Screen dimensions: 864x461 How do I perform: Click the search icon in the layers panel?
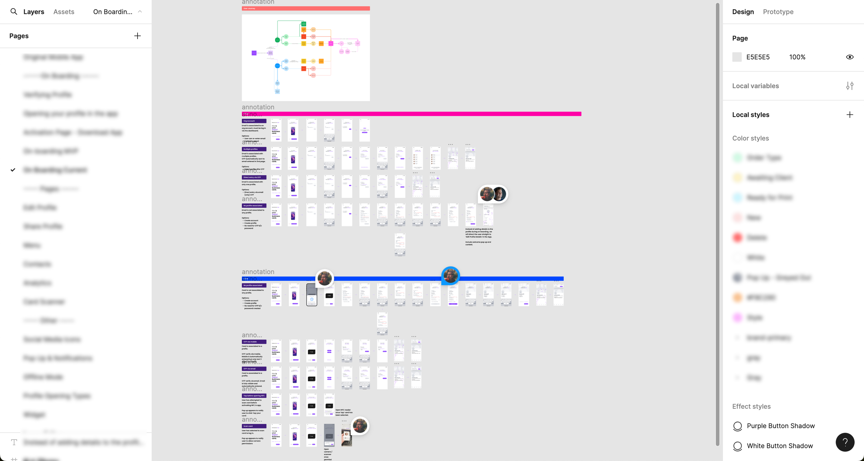[14, 12]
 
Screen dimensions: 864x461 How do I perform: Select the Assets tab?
[64, 12]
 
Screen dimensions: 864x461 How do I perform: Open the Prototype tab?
[778, 12]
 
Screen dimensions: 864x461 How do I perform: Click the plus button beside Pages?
[138, 36]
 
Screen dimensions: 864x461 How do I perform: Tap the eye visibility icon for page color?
[849, 57]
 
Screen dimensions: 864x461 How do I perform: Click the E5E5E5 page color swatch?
[737, 57]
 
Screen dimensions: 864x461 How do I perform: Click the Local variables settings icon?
[849, 86]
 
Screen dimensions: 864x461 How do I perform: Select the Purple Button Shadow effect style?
[780, 426]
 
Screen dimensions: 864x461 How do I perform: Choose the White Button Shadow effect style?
[779, 446]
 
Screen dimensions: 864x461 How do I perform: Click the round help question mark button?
[845, 442]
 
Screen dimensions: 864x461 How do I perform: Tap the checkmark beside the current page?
[13, 170]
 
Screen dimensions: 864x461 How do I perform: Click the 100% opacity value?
[797, 57]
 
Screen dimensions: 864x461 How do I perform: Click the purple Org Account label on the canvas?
[254, 121]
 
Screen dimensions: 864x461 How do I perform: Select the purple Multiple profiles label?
[254, 149]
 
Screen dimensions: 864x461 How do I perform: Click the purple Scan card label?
[254, 426]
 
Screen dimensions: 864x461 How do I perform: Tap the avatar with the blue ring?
[450, 276]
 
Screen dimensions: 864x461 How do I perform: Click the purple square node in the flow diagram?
[254, 53]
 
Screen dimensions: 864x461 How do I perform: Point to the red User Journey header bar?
[306, 8]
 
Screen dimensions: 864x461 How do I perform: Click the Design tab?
[743, 12]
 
